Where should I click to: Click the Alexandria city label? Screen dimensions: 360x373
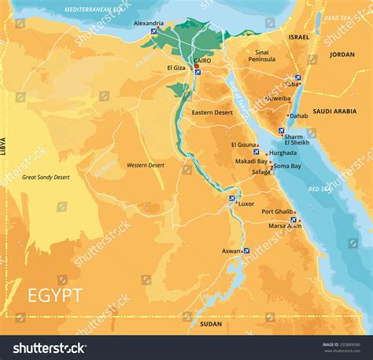(149, 24)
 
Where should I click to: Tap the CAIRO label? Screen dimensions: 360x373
(203, 60)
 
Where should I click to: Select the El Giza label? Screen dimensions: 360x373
(175, 68)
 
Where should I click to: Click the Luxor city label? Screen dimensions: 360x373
(246, 204)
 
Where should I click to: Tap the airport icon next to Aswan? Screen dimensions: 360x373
(247, 251)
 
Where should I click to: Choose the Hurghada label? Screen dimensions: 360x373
(283, 153)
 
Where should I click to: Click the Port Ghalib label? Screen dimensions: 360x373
(278, 211)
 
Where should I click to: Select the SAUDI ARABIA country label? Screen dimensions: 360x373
(334, 112)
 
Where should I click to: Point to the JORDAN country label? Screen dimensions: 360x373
(342, 54)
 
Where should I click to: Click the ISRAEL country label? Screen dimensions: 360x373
(299, 37)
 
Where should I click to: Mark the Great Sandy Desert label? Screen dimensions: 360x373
(46, 177)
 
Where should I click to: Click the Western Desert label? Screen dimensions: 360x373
(146, 165)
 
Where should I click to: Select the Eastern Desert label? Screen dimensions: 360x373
(212, 112)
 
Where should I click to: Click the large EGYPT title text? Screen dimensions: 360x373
(55, 296)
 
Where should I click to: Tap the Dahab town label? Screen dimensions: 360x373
(298, 116)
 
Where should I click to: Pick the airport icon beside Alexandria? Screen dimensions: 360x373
(154, 32)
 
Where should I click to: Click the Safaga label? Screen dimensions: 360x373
(260, 171)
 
